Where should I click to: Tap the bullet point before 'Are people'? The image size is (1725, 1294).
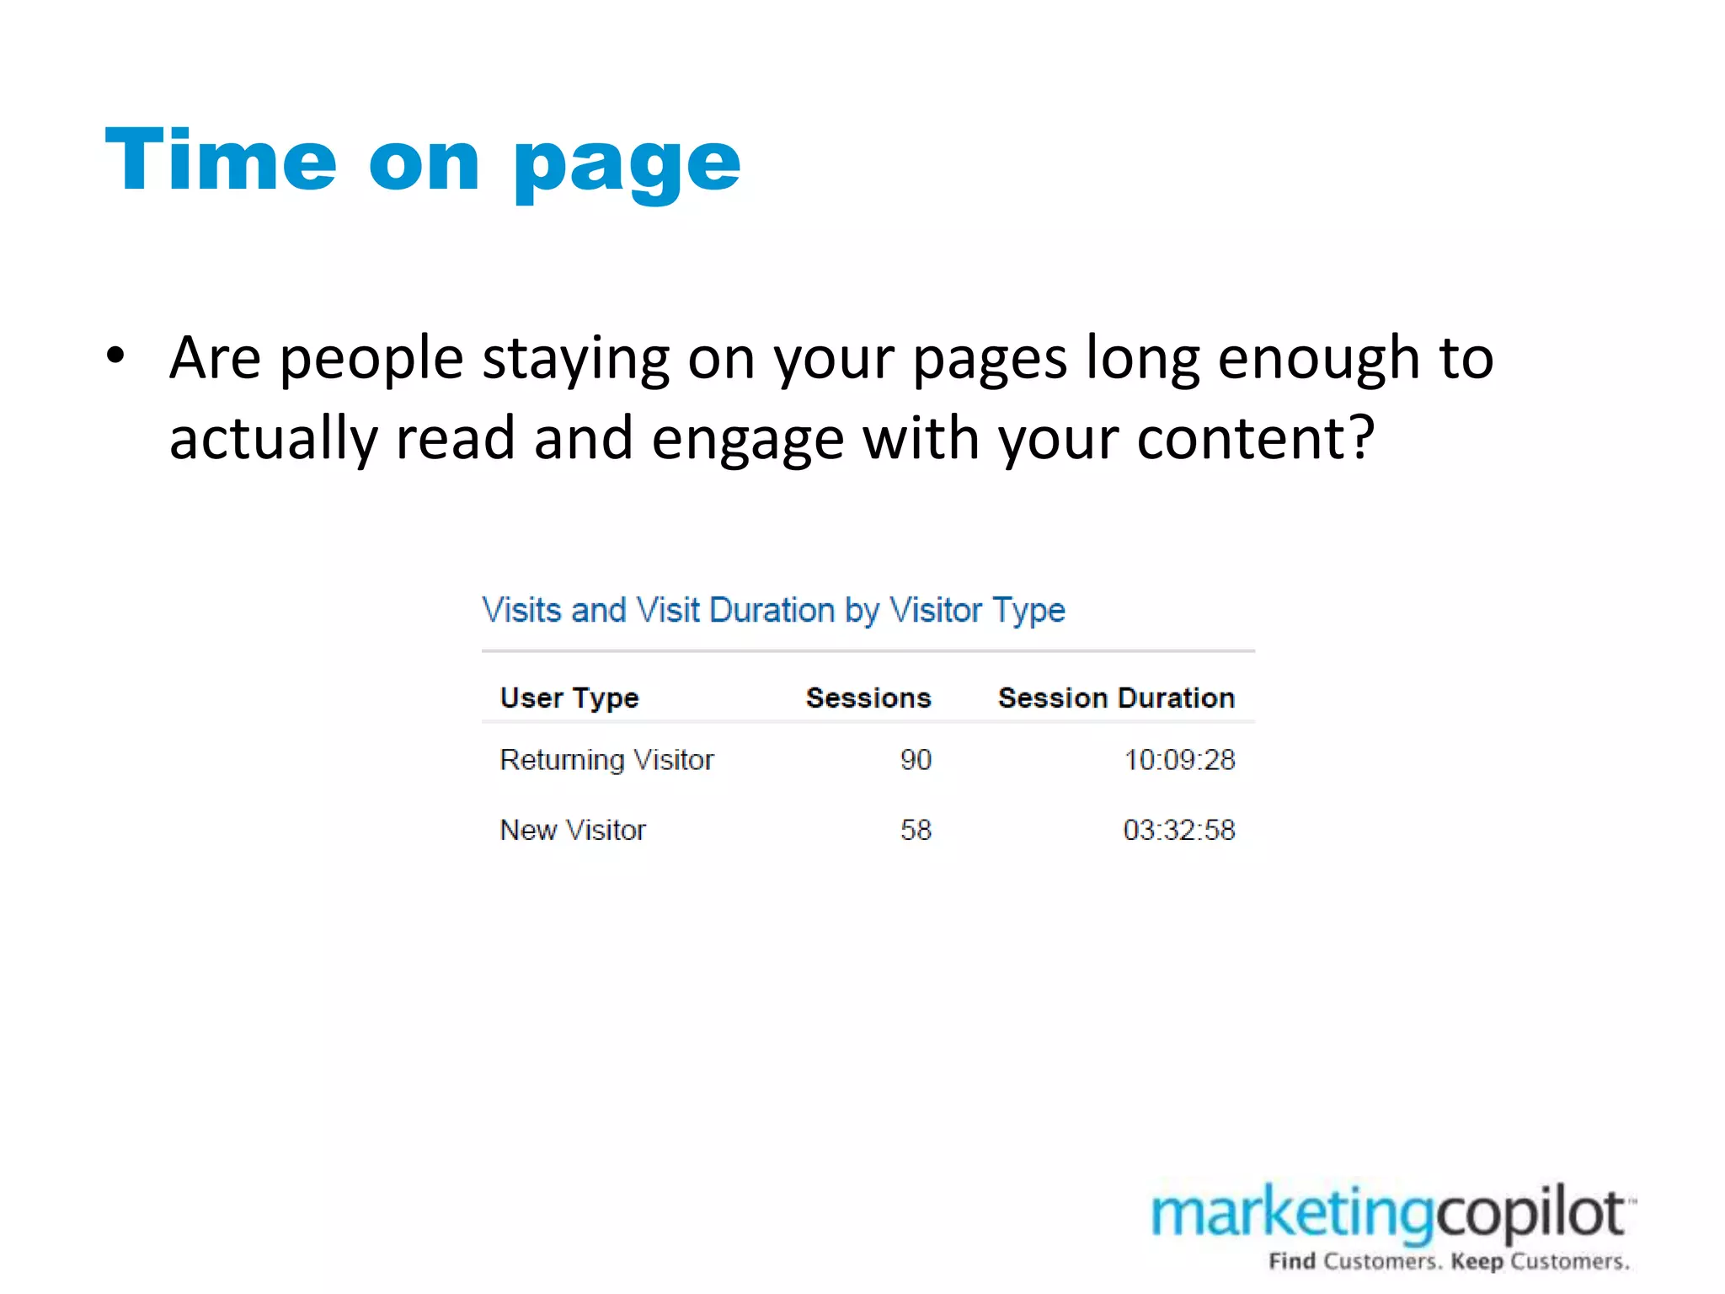(116, 355)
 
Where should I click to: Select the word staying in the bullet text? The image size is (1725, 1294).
(575, 361)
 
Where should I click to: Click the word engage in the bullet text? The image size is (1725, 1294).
(748, 441)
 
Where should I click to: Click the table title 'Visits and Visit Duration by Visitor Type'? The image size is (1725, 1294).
(773, 610)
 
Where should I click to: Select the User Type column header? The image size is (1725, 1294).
(569, 698)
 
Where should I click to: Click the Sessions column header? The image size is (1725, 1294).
(868, 698)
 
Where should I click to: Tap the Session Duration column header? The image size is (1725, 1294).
(1116, 698)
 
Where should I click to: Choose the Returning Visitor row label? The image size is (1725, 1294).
(606, 760)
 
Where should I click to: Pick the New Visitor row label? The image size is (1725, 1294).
(573, 831)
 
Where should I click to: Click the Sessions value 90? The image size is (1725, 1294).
(916, 760)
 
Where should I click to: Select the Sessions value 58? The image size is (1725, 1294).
(916, 831)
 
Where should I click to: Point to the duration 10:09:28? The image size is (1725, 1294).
(1179, 760)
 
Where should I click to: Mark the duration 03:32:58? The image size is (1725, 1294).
(1179, 831)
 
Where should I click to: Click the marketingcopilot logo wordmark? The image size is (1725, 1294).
(1390, 1214)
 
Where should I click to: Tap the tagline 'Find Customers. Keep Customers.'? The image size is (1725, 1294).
(1449, 1261)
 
